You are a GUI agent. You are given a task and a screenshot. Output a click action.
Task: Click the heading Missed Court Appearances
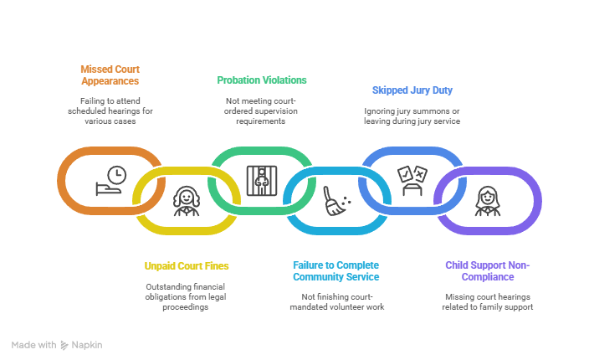tap(109, 75)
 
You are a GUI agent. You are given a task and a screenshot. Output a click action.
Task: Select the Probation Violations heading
tap(262, 80)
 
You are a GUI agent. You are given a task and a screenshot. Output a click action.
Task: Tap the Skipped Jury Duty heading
tap(412, 90)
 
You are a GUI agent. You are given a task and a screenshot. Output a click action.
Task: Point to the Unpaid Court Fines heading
tap(187, 266)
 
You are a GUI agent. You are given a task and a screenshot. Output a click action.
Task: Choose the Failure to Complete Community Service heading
tap(337, 271)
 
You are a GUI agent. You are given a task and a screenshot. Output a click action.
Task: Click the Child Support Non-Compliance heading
tap(488, 271)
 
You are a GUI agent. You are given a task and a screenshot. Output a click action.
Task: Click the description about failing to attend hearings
tap(109, 111)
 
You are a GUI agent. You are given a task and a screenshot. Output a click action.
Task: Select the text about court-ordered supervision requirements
tap(262, 111)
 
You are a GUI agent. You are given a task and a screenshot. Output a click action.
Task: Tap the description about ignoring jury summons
tap(412, 116)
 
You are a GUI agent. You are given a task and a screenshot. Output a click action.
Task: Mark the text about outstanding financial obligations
tap(187, 296)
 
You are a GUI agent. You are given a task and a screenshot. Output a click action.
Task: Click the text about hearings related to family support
tap(488, 301)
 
